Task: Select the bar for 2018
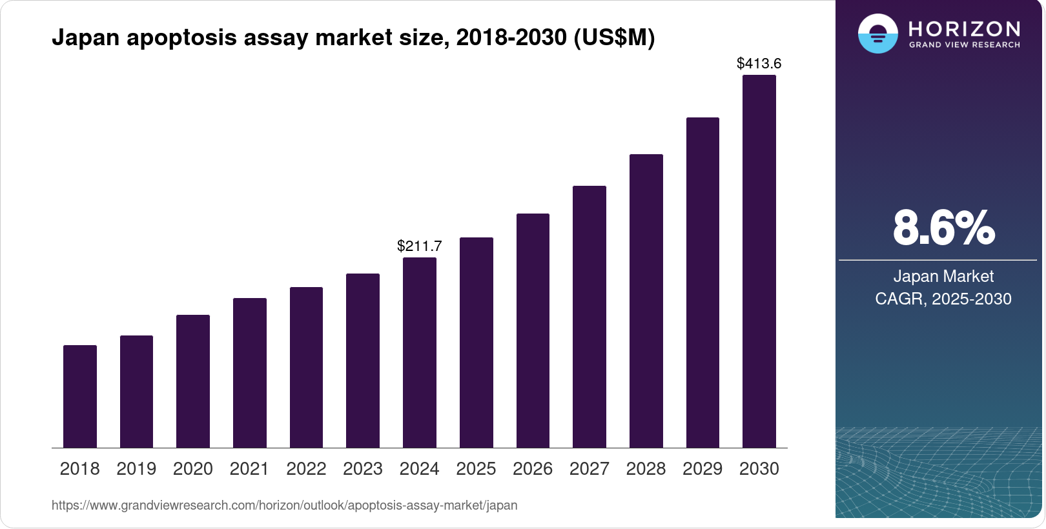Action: [x=80, y=396]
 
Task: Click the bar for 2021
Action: [x=250, y=373]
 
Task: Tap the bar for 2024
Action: [x=420, y=352]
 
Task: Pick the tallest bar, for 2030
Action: [x=759, y=261]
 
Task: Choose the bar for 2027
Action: [x=590, y=317]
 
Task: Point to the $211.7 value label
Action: [x=420, y=246]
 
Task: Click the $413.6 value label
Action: [x=759, y=63]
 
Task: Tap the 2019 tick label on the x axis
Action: [x=136, y=469]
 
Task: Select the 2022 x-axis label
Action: [x=306, y=469]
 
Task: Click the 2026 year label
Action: [x=533, y=469]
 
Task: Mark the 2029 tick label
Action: [x=702, y=469]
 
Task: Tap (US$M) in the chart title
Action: [x=614, y=38]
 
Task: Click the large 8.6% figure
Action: [x=943, y=228]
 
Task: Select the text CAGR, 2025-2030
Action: [x=943, y=299]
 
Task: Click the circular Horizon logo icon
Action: [x=877, y=34]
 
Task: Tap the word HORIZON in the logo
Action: [x=965, y=28]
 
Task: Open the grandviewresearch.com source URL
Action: [x=285, y=505]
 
